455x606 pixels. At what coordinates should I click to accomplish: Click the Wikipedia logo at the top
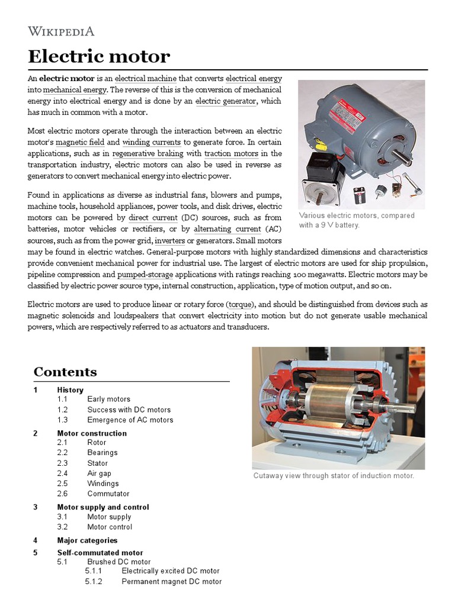(61, 31)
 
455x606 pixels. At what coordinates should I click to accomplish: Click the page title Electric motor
(99, 57)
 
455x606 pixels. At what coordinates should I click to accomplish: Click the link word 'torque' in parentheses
(240, 304)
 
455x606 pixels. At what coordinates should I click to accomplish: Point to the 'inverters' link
(169, 241)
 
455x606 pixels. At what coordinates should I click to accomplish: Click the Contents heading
(65, 372)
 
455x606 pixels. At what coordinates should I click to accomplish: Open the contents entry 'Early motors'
(108, 399)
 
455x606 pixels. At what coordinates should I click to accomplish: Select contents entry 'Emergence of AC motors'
(130, 420)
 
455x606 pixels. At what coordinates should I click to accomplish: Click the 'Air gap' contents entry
(99, 473)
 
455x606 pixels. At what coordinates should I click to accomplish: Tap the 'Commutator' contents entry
(108, 494)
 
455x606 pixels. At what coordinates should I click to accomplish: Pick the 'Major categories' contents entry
(87, 540)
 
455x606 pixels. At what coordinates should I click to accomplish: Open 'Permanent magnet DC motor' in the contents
(171, 582)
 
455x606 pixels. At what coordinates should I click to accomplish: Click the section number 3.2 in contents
(63, 527)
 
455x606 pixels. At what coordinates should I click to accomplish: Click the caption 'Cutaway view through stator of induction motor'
(334, 476)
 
